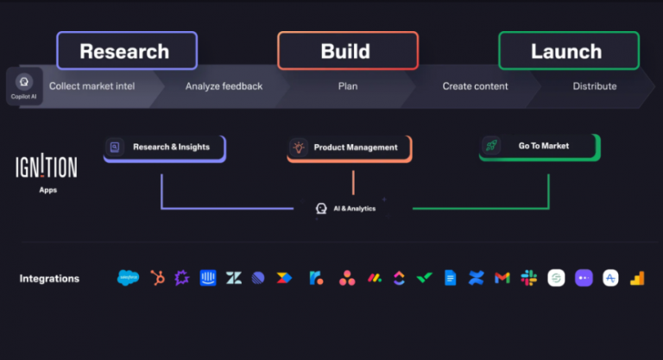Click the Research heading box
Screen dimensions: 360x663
click(x=127, y=51)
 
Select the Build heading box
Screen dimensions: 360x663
click(x=348, y=51)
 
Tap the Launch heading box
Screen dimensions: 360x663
click(x=569, y=51)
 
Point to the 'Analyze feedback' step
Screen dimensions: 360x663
click(x=224, y=86)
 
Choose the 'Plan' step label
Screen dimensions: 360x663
click(x=348, y=86)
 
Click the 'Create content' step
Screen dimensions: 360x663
click(x=475, y=86)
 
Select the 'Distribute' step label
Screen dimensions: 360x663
click(x=595, y=86)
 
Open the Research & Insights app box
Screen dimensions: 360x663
click(x=164, y=148)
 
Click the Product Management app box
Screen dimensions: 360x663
click(x=350, y=148)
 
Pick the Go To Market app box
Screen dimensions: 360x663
click(x=540, y=147)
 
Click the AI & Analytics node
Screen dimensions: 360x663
click(x=345, y=208)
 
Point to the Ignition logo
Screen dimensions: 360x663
click(x=47, y=166)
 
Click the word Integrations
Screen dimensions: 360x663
click(x=49, y=278)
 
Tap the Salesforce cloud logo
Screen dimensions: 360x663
click(x=128, y=278)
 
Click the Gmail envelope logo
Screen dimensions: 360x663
click(x=502, y=278)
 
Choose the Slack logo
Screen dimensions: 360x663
click(x=528, y=278)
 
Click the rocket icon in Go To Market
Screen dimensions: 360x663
click(x=491, y=147)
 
